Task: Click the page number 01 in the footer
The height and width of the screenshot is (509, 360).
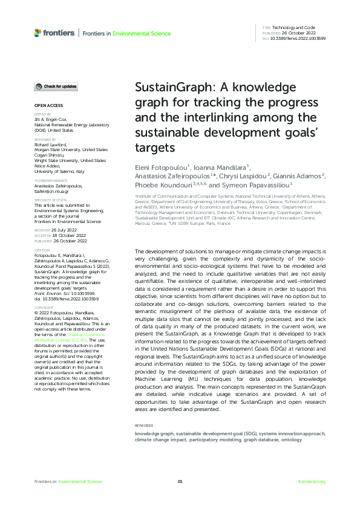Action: coord(180,481)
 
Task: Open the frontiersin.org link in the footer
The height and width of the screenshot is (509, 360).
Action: coord(312,481)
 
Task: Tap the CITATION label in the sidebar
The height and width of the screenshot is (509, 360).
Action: coord(42,250)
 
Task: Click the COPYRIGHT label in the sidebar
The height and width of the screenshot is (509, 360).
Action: coord(44,306)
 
